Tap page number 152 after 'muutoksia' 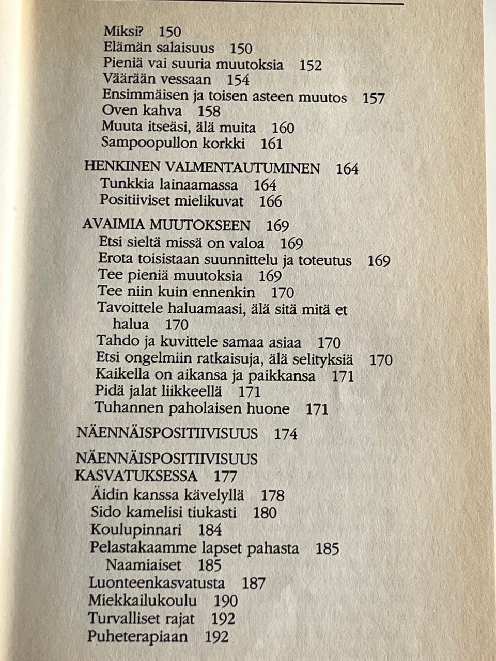coord(311,66)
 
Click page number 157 coord(374,98)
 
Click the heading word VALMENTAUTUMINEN coord(243,168)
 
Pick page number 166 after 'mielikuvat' coord(270,201)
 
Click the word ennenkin coord(228,292)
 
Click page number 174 coord(286,434)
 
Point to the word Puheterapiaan coord(137,636)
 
